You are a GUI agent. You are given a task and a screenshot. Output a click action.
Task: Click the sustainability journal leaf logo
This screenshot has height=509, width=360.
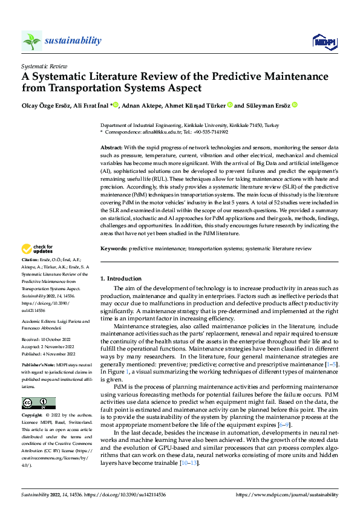pos(31,41)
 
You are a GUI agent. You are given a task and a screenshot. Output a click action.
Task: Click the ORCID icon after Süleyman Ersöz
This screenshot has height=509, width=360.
pos(295,105)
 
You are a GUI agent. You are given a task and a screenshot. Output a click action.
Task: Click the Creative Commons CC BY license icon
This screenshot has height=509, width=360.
pos(38,403)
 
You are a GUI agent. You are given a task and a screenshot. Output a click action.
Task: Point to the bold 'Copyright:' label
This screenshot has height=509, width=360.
pos(33,416)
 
